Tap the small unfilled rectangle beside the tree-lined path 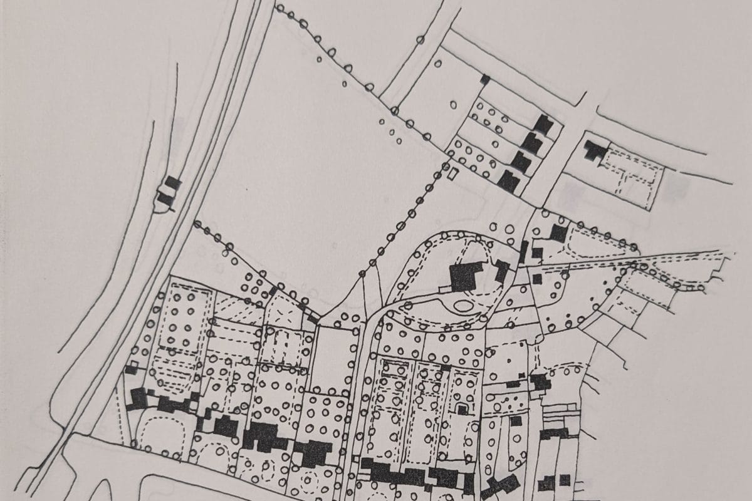(x=449, y=170)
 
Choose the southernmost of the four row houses (x=508, y=182)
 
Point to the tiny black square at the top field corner (x=484, y=80)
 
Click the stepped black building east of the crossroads (x=592, y=150)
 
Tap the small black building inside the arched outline (x=462, y=410)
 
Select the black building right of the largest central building (x=502, y=271)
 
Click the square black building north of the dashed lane (x=558, y=234)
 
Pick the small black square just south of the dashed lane (x=537, y=278)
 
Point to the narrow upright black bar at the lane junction (x=523, y=252)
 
